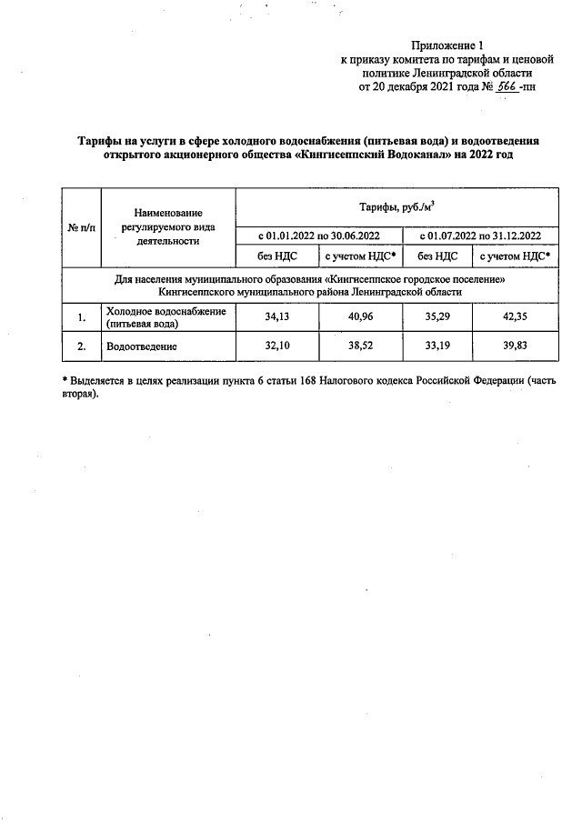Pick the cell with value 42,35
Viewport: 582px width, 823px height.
tap(514, 317)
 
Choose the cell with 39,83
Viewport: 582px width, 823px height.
tap(514, 346)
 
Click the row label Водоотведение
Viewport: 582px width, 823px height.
tap(140, 346)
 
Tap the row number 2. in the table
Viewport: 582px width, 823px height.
tap(81, 346)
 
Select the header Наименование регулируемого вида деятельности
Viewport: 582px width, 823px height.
tap(167, 226)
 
